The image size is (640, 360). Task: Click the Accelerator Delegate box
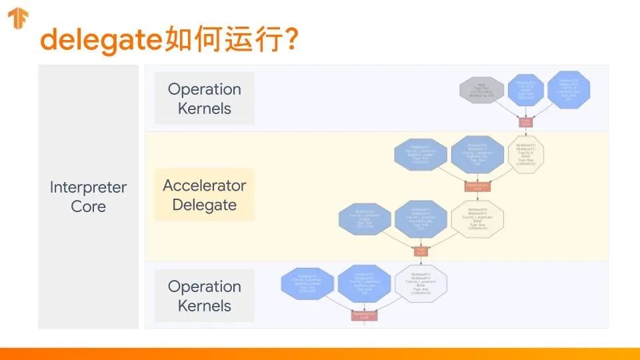tap(205, 195)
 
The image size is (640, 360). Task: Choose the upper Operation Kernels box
tap(205, 99)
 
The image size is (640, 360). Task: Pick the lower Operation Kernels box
tap(205, 296)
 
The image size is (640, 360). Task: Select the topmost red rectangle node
tap(526, 122)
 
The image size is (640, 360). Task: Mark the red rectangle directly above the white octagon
tap(421, 251)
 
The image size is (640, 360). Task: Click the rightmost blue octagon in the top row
tap(569, 90)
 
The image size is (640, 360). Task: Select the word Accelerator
tap(205, 186)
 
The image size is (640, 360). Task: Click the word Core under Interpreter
tap(88, 207)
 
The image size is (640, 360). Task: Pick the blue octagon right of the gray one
tap(526, 90)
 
